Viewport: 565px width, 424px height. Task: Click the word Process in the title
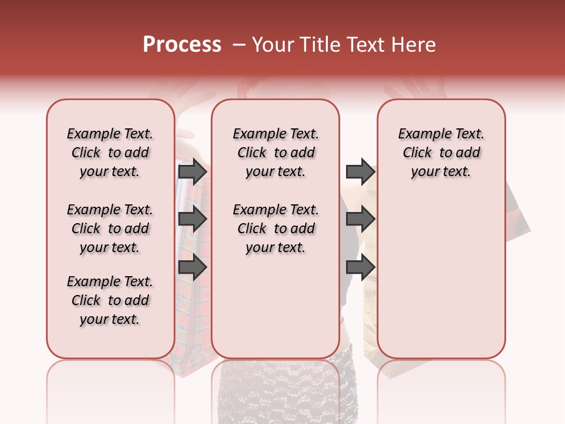(182, 45)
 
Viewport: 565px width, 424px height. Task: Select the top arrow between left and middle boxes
(192, 171)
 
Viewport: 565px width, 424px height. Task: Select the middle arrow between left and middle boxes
(192, 219)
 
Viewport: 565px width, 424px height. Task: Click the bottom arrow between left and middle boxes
(192, 267)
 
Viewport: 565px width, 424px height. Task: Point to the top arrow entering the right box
(360, 171)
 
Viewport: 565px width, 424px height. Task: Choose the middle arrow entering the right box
(360, 219)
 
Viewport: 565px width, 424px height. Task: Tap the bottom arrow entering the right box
(360, 267)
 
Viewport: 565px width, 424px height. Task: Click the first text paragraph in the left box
(110, 153)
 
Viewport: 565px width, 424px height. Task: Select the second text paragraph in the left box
(110, 228)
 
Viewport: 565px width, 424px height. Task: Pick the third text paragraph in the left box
(110, 300)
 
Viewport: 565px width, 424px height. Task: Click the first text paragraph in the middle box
(275, 153)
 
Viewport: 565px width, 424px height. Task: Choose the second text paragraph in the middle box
(275, 228)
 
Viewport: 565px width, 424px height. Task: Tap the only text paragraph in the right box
(441, 153)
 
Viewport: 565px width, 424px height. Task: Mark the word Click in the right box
(417, 153)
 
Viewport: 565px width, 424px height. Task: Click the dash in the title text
(239, 45)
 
